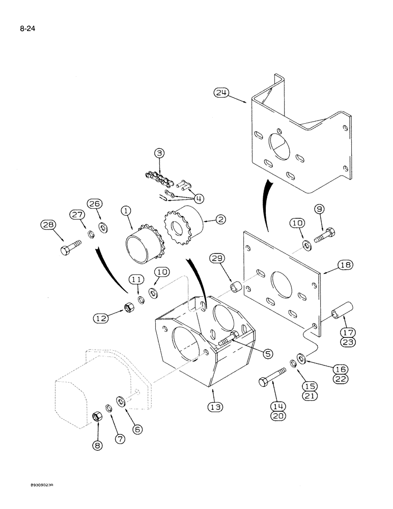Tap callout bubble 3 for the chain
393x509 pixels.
[x=159, y=153]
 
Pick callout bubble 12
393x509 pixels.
[x=101, y=318]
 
